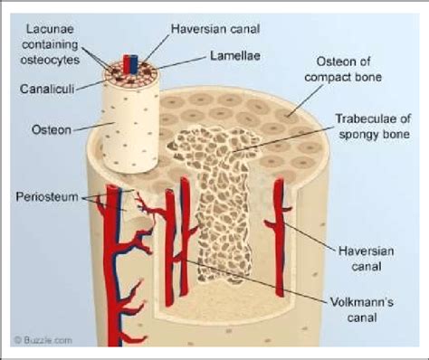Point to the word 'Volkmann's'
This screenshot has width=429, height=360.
click(361, 298)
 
